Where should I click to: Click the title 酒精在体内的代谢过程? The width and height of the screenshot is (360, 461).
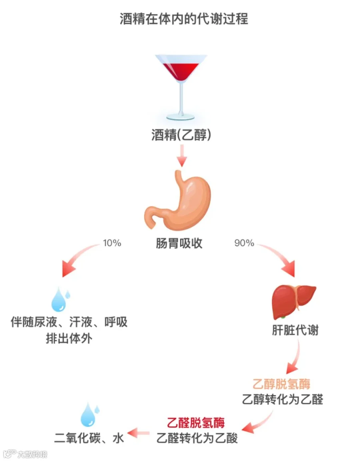pos(184,19)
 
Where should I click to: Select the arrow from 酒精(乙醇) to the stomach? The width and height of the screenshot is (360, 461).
pos(182,156)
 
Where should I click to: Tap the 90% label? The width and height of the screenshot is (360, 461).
pos(244,243)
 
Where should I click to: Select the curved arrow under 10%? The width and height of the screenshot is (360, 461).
pos(77,260)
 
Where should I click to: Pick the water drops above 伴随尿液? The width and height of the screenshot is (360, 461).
pos(60,299)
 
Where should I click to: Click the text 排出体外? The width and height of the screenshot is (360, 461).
pos(69,339)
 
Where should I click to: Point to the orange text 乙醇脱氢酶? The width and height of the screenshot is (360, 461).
pos(282,384)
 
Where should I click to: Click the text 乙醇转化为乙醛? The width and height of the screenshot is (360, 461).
pos(282,399)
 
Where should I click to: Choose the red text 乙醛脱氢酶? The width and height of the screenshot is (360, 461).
pos(196,423)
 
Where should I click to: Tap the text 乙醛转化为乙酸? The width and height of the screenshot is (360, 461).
pos(197,438)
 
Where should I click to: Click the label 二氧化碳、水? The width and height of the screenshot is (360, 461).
pos(90,438)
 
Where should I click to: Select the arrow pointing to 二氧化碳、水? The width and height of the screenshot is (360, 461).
pos(138,432)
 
